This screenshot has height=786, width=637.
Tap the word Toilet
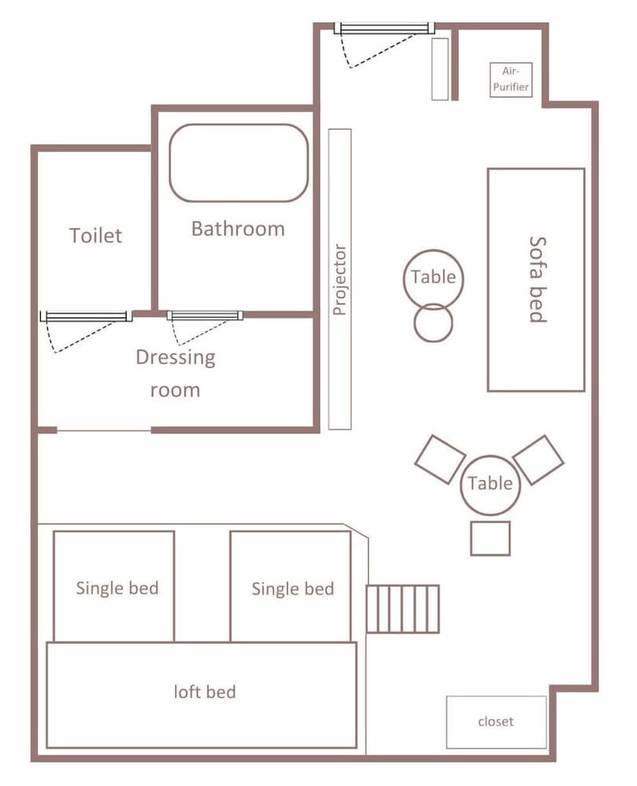pos(95,236)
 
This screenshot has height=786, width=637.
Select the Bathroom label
pos(238,229)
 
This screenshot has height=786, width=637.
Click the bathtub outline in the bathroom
pos(170,163)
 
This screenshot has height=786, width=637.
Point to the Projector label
pos(340,280)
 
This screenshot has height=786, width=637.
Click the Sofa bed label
pos(537,279)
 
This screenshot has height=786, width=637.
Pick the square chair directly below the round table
pos(490,538)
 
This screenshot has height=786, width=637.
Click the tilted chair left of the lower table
pos(440,460)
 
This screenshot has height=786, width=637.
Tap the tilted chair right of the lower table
pos(539,460)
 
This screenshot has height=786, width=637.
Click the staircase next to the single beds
pos(403,608)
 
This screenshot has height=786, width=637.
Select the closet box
pos(496,722)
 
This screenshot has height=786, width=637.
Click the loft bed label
pos(204,692)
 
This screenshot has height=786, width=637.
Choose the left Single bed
pos(114,586)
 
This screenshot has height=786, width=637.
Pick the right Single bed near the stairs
pos(290,586)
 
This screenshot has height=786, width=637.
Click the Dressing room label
pos(175,373)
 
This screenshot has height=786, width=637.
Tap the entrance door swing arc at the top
pos(381,51)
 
